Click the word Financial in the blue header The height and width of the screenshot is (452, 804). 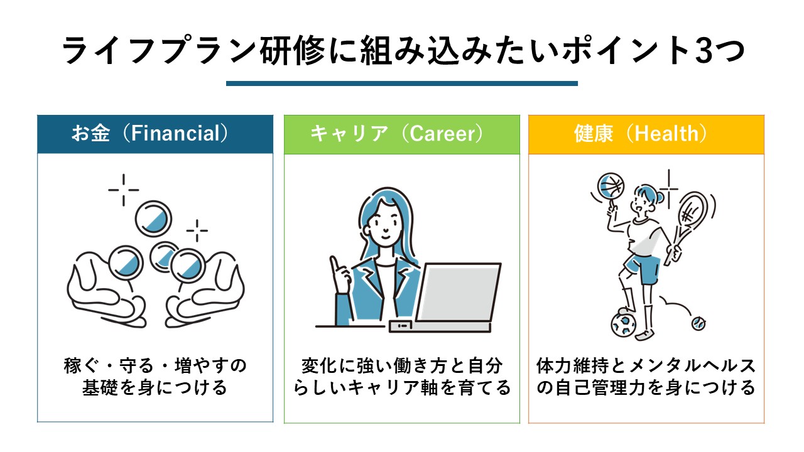(175, 134)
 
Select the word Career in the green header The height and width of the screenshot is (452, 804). (442, 134)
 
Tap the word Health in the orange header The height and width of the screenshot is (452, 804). (666, 134)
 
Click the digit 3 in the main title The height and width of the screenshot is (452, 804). (703, 51)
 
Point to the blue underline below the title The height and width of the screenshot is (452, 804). (401, 83)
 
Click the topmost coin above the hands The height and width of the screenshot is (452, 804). (153, 219)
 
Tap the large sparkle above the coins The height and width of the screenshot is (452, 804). (124, 190)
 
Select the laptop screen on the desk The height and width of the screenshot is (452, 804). (459, 292)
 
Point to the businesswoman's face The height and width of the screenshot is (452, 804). (384, 224)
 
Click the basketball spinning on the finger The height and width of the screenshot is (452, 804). (611, 186)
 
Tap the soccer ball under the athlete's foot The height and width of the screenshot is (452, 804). (624, 325)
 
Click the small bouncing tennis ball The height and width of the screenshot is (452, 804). (698, 324)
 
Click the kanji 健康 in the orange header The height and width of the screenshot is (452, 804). (594, 134)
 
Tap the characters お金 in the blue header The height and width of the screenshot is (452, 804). (90, 133)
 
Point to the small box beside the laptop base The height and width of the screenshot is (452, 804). (401, 326)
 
